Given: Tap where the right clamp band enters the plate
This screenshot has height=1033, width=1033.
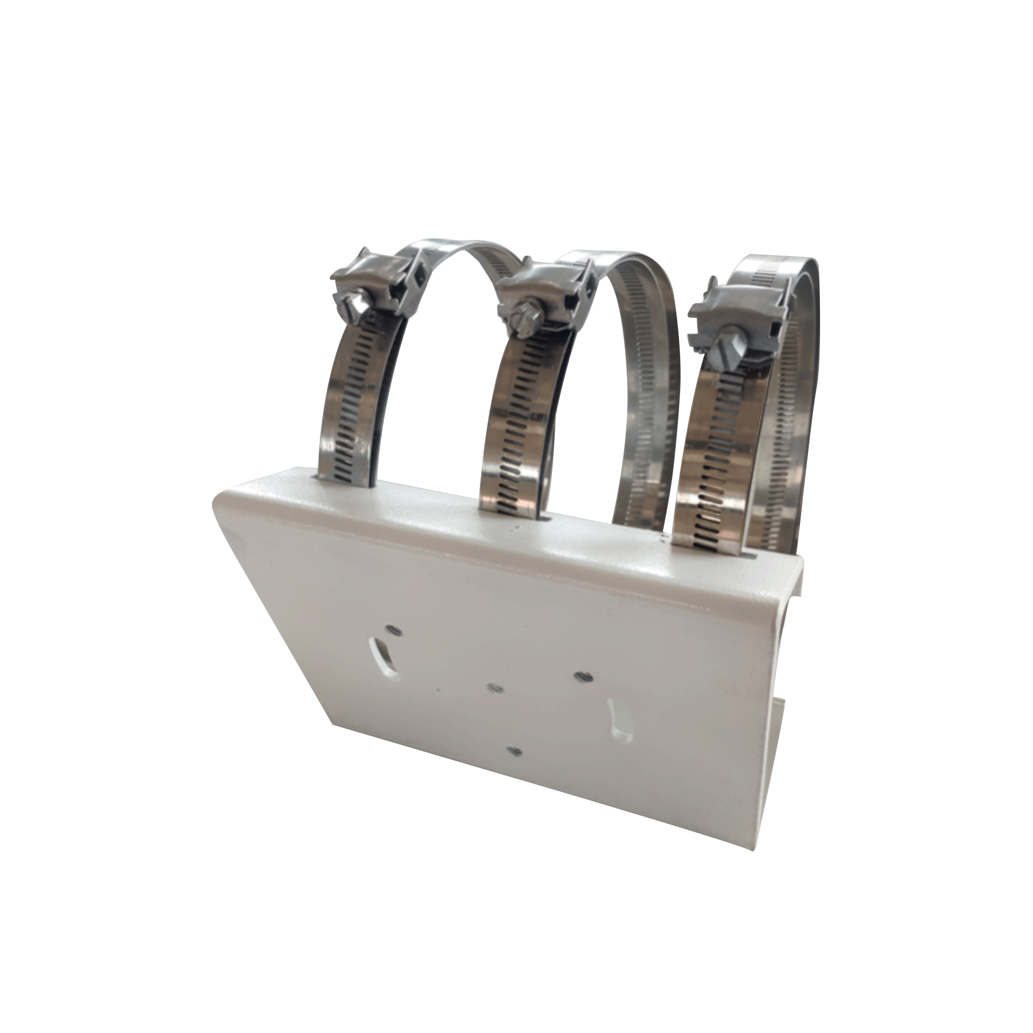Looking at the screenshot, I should coord(699,546).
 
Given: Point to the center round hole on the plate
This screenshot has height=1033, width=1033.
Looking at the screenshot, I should coord(492,687).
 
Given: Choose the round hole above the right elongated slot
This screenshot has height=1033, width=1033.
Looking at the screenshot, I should coord(582,675).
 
